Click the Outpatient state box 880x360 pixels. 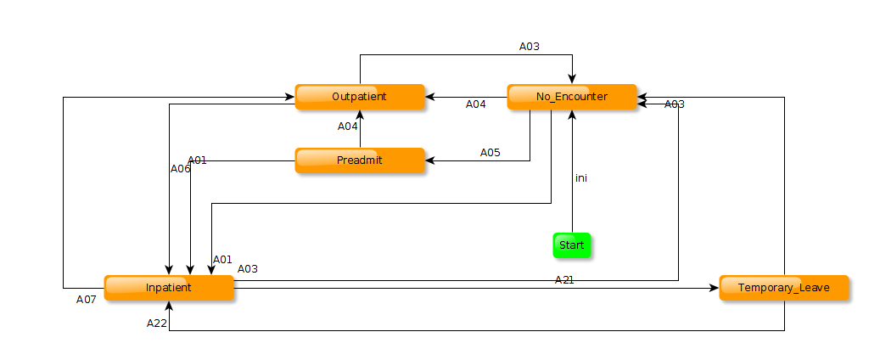(x=359, y=97)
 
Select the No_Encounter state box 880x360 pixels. (x=571, y=97)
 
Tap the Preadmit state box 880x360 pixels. (x=359, y=160)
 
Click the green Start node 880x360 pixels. (x=571, y=245)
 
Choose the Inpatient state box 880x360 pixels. (x=168, y=288)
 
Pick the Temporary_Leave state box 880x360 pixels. (x=783, y=288)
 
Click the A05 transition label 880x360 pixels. (x=490, y=153)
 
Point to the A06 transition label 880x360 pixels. (x=181, y=168)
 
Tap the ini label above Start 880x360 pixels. (x=581, y=178)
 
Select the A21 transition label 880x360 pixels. (x=564, y=279)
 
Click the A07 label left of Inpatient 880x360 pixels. (x=87, y=299)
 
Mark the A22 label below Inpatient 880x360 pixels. (x=157, y=323)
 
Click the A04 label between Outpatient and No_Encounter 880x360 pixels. (x=476, y=104)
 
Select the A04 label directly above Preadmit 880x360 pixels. (x=348, y=127)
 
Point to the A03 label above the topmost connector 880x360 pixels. (x=530, y=47)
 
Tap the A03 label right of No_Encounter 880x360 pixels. (x=674, y=104)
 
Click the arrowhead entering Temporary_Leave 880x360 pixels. (x=715, y=288)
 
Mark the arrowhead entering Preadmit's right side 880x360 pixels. (x=429, y=160)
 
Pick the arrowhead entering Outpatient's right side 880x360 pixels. (x=429, y=97)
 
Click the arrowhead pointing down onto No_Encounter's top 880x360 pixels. (x=572, y=80)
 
